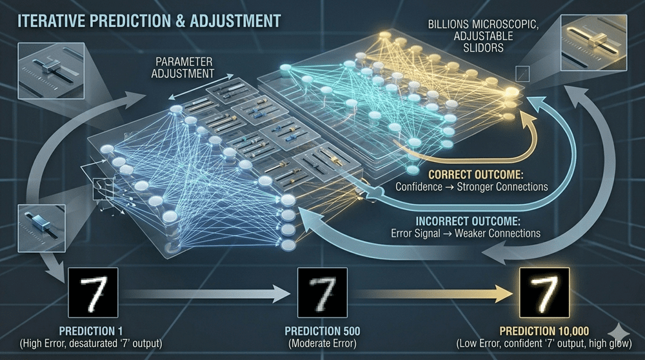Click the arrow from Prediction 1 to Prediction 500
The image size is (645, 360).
[206, 295]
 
